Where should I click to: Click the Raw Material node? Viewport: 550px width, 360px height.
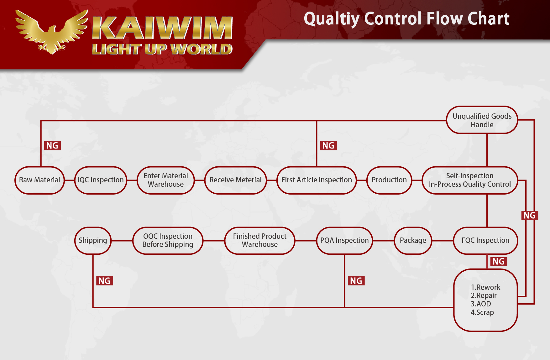pos(39,180)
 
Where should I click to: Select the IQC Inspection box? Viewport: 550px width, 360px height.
pos(101,180)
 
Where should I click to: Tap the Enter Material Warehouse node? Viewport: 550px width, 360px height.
pos(166,180)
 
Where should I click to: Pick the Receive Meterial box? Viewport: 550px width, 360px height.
pos(236,180)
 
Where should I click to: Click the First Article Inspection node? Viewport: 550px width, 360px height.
pos(317,180)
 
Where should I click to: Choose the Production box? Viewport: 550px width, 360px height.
pos(389,180)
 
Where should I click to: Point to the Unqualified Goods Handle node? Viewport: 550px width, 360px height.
pos(482,120)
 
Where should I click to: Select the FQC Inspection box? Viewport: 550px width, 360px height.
pos(485,241)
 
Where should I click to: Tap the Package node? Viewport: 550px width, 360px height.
pos(413,241)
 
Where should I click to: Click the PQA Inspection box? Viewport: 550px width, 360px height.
pos(344,241)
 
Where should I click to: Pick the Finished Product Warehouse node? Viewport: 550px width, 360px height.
pos(260,241)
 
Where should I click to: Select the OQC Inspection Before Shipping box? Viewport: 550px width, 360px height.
pos(168,241)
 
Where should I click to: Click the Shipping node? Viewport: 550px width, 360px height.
pos(93,241)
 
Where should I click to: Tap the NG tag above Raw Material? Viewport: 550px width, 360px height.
pos(52,145)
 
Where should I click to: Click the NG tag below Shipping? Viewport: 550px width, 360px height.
pos(104,281)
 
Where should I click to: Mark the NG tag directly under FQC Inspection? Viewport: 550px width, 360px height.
pos(498,261)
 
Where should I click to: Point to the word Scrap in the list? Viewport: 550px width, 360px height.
pos(485,312)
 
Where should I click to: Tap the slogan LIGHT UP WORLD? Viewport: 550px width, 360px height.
pos(162,49)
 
